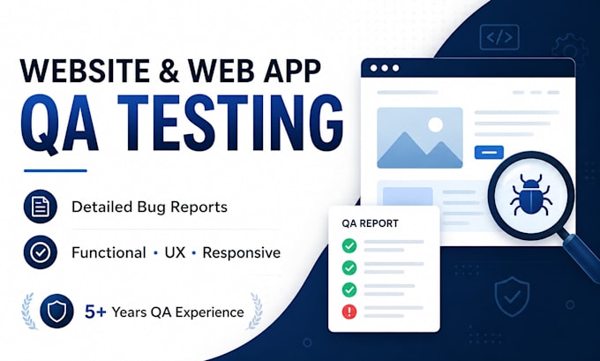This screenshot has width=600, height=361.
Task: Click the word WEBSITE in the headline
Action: tap(84, 71)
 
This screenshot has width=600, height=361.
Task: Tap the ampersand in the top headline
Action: tap(169, 71)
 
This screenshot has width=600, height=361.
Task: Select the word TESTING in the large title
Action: tap(230, 123)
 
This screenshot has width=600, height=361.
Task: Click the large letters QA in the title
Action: tap(59, 124)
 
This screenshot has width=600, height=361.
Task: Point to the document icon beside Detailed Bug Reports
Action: tap(41, 207)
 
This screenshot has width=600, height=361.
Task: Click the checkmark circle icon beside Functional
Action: tap(41, 252)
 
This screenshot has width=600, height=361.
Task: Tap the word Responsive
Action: tap(242, 252)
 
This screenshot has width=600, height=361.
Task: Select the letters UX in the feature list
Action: tap(175, 252)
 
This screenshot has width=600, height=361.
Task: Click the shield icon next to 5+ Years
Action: tap(56, 312)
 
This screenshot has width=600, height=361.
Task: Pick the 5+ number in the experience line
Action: tap(95, 312)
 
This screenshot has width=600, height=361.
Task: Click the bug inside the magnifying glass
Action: tap(531, 194)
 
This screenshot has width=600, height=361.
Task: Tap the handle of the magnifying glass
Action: tap(581, 252)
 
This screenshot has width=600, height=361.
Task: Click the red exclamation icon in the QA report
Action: tap(349, 312)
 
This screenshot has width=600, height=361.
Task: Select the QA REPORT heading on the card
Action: tap(370, 223)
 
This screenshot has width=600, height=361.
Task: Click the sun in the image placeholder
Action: tap(435, 124)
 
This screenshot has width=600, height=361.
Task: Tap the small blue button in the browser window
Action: tap(489, 153)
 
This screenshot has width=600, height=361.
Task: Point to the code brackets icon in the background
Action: tap(499, 37)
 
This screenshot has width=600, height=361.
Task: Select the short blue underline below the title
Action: tap(56, 170)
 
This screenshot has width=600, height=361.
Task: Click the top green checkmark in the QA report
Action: tap(349, 245)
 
